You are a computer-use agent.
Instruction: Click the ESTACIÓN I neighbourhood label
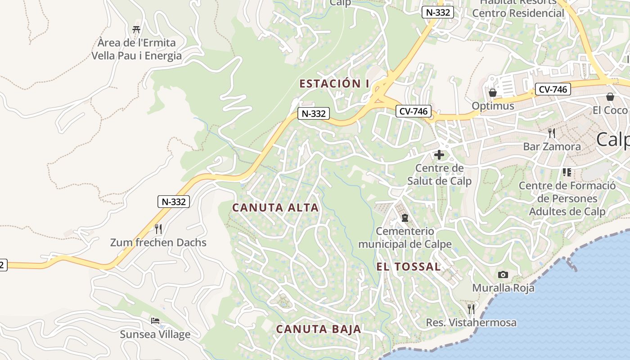(334, 84)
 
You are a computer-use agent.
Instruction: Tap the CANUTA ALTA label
(275, 208)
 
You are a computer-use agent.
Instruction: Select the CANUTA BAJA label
(319, 329)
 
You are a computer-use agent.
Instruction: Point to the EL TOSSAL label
(409, 267)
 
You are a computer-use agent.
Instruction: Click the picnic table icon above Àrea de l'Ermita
(136, 30)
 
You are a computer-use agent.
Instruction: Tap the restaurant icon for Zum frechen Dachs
(158, 229)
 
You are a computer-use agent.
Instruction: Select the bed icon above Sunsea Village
(155, 321)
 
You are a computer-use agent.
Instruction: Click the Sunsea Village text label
(155, 334)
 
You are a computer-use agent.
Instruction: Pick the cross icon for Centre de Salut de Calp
(439, 155)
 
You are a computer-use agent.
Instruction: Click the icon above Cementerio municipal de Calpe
(405, 218)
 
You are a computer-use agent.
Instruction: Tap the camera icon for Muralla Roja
(503, 274)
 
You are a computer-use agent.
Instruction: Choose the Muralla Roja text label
(503, 288)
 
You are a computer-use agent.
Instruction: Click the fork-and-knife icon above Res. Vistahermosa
(471, 309)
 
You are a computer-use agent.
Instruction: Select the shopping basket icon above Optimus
(493, 93)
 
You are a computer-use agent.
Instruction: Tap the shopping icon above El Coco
(610, 97)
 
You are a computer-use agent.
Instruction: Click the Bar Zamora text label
(552, 147)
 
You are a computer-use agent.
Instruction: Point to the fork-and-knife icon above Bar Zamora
(552, 133)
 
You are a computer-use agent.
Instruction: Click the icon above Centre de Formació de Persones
(567, 172)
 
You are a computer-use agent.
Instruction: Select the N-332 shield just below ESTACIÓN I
(314, 113)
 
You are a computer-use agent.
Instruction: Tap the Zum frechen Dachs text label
(158, 243)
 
